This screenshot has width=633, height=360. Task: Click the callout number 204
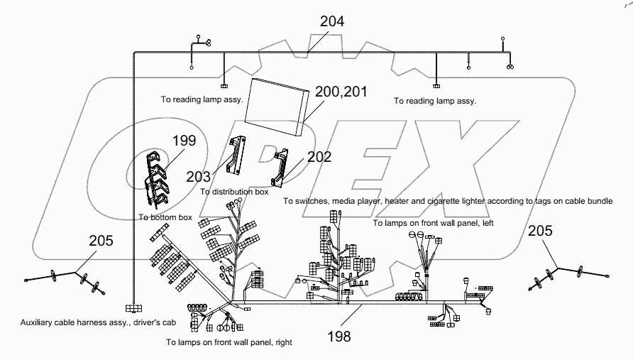(331, 21)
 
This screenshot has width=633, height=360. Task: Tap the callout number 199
(184, 141)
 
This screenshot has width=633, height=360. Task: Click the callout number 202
(319, 157)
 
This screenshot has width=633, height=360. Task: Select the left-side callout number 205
(101, 241)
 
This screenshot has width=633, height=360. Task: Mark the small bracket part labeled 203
(235, 156)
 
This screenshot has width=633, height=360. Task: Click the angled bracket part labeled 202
(283, 164)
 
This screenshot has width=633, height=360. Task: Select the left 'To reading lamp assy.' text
(202, 100)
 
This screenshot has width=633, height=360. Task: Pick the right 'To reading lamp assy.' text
(435, 101)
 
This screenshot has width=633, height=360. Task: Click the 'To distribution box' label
(234, 192)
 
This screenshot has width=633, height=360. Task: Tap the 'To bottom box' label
(165, 217)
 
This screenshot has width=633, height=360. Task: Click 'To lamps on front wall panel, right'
(229, 342)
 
